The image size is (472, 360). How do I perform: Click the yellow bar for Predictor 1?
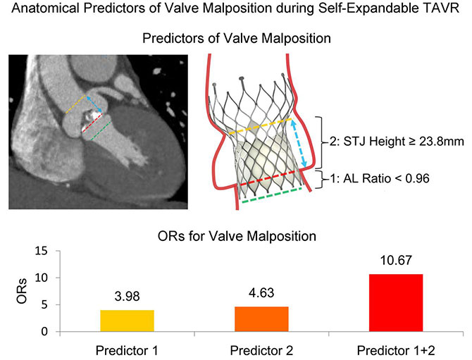tap(128, 321)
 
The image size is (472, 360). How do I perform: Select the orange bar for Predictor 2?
tap(261, 319)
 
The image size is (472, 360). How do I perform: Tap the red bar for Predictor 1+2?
tap(395, 302)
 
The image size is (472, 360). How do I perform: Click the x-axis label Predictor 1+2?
tap(395, 349)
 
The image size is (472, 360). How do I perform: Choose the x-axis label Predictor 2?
tap(261, 349)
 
